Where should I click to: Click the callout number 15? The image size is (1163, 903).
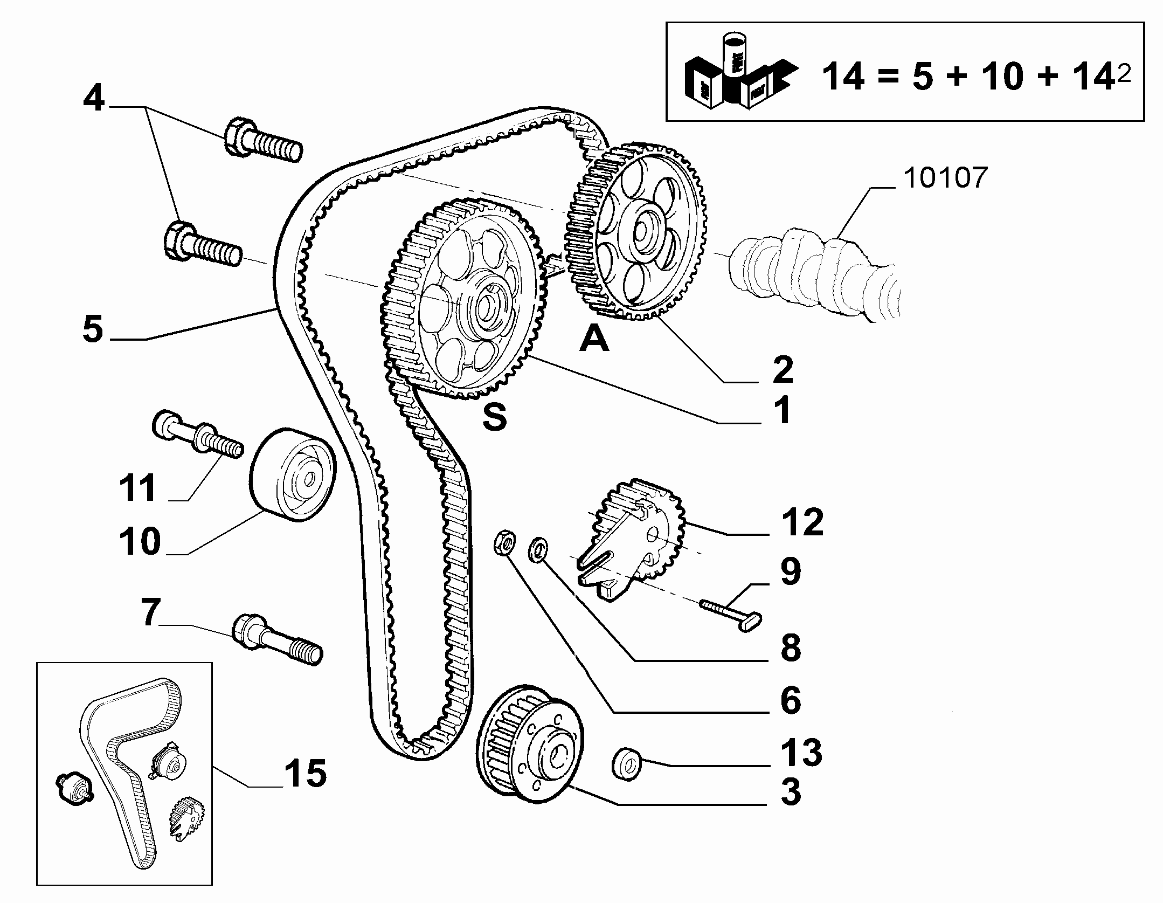click(305, 774)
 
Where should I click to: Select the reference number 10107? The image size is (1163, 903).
click(945, 177)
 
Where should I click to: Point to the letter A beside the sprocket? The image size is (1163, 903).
click(594, 340)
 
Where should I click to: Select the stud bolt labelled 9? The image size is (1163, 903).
click(731, 615)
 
